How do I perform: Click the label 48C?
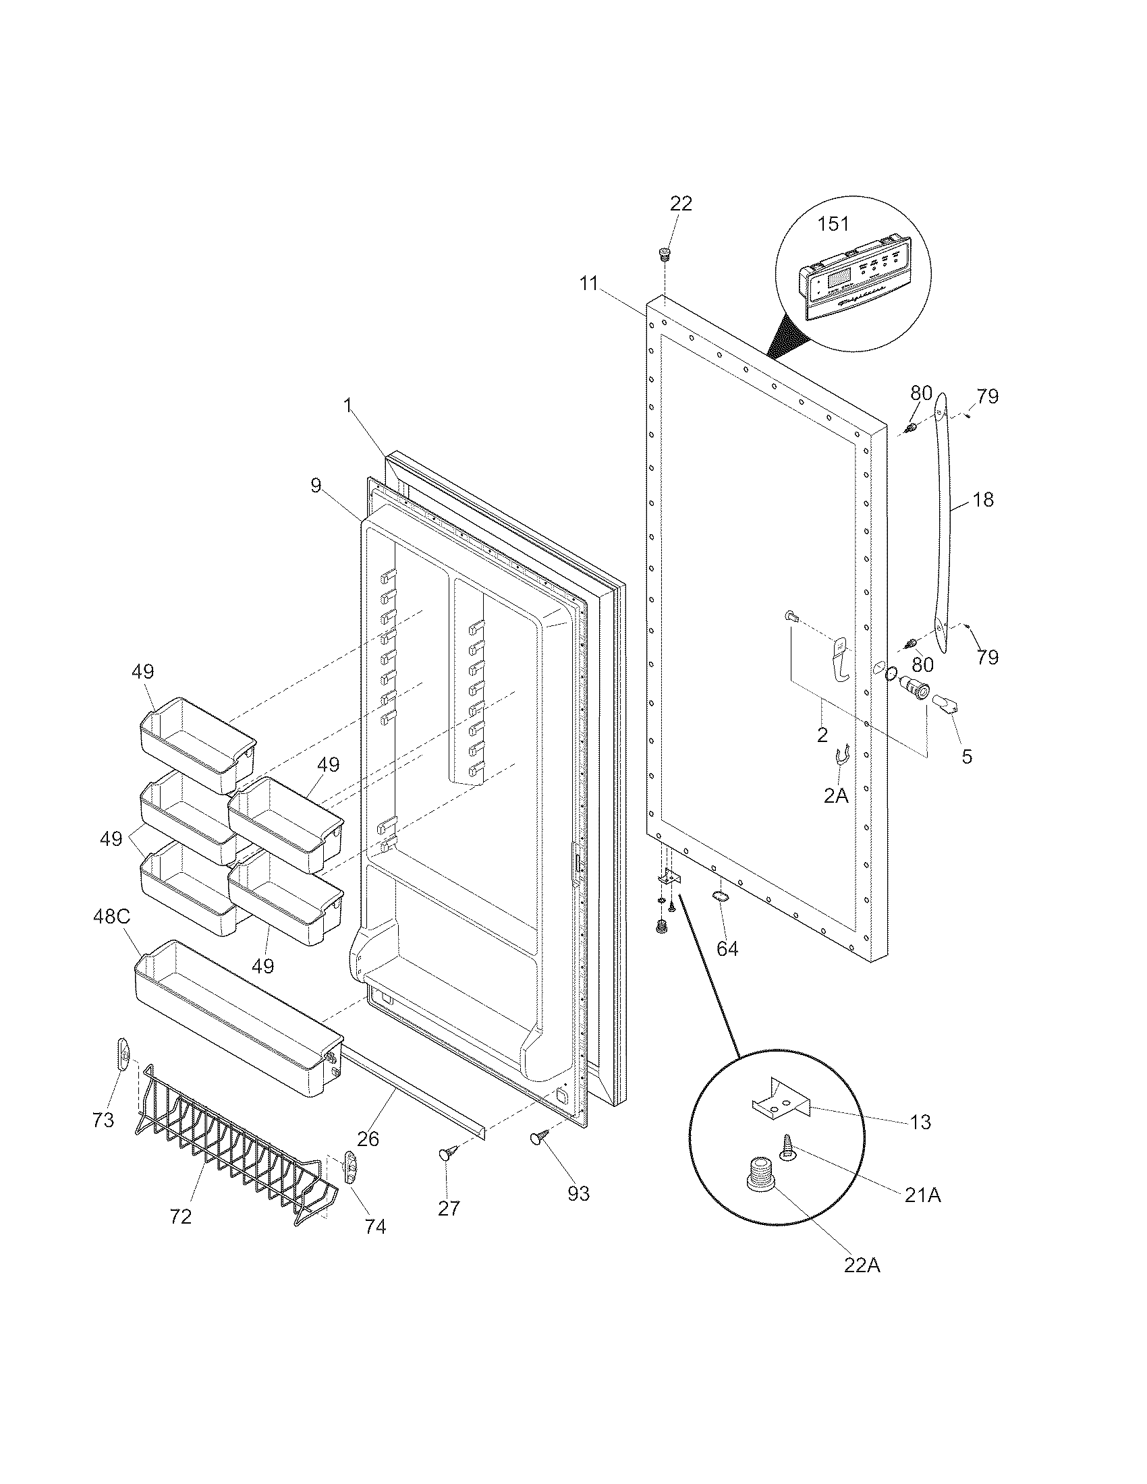[x=111, y=917]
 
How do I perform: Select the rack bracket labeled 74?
[x=351, y=1167]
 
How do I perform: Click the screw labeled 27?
[x=449, y=1151]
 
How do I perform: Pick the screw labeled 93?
[x=540, y=1136]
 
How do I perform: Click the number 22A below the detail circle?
[x=862, y=1265]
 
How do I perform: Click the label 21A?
[x=922, y=1195]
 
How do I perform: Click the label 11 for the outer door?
[x=589, y=283]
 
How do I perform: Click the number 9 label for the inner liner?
[x=316, y=486]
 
